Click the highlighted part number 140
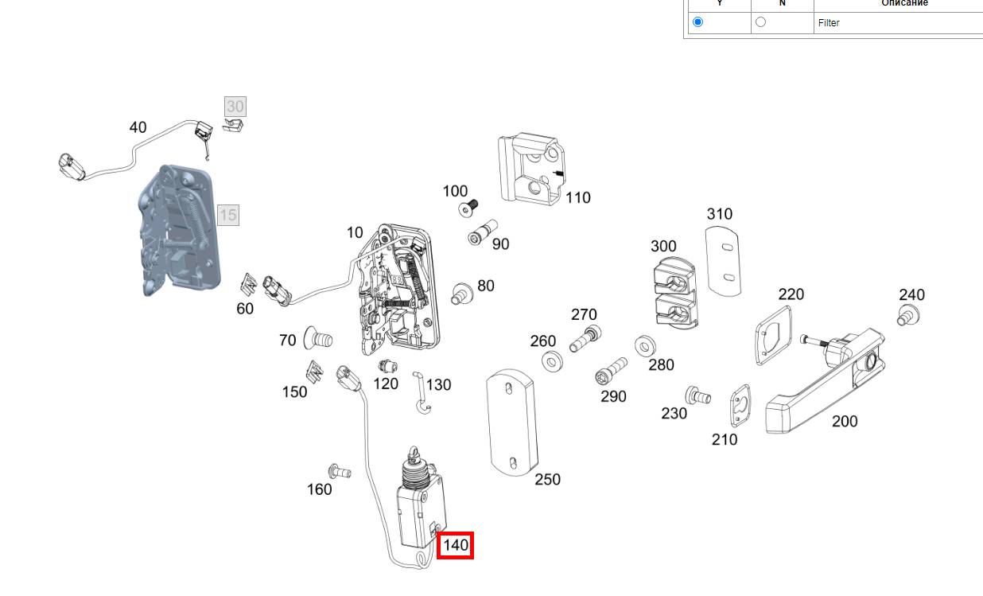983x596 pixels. (x=456, y=546)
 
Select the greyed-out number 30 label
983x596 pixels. (x=235, y=107)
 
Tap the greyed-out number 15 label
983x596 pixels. (x=228, y=215)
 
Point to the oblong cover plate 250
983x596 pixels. (x=511, y=421)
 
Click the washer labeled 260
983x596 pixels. (x=551, y=362)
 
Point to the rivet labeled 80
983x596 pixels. (x=461, y=292)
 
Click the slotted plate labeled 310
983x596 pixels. (x=724, y=259)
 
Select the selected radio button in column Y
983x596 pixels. (x=698, y=22)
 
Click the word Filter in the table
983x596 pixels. (x=829, y=23)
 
